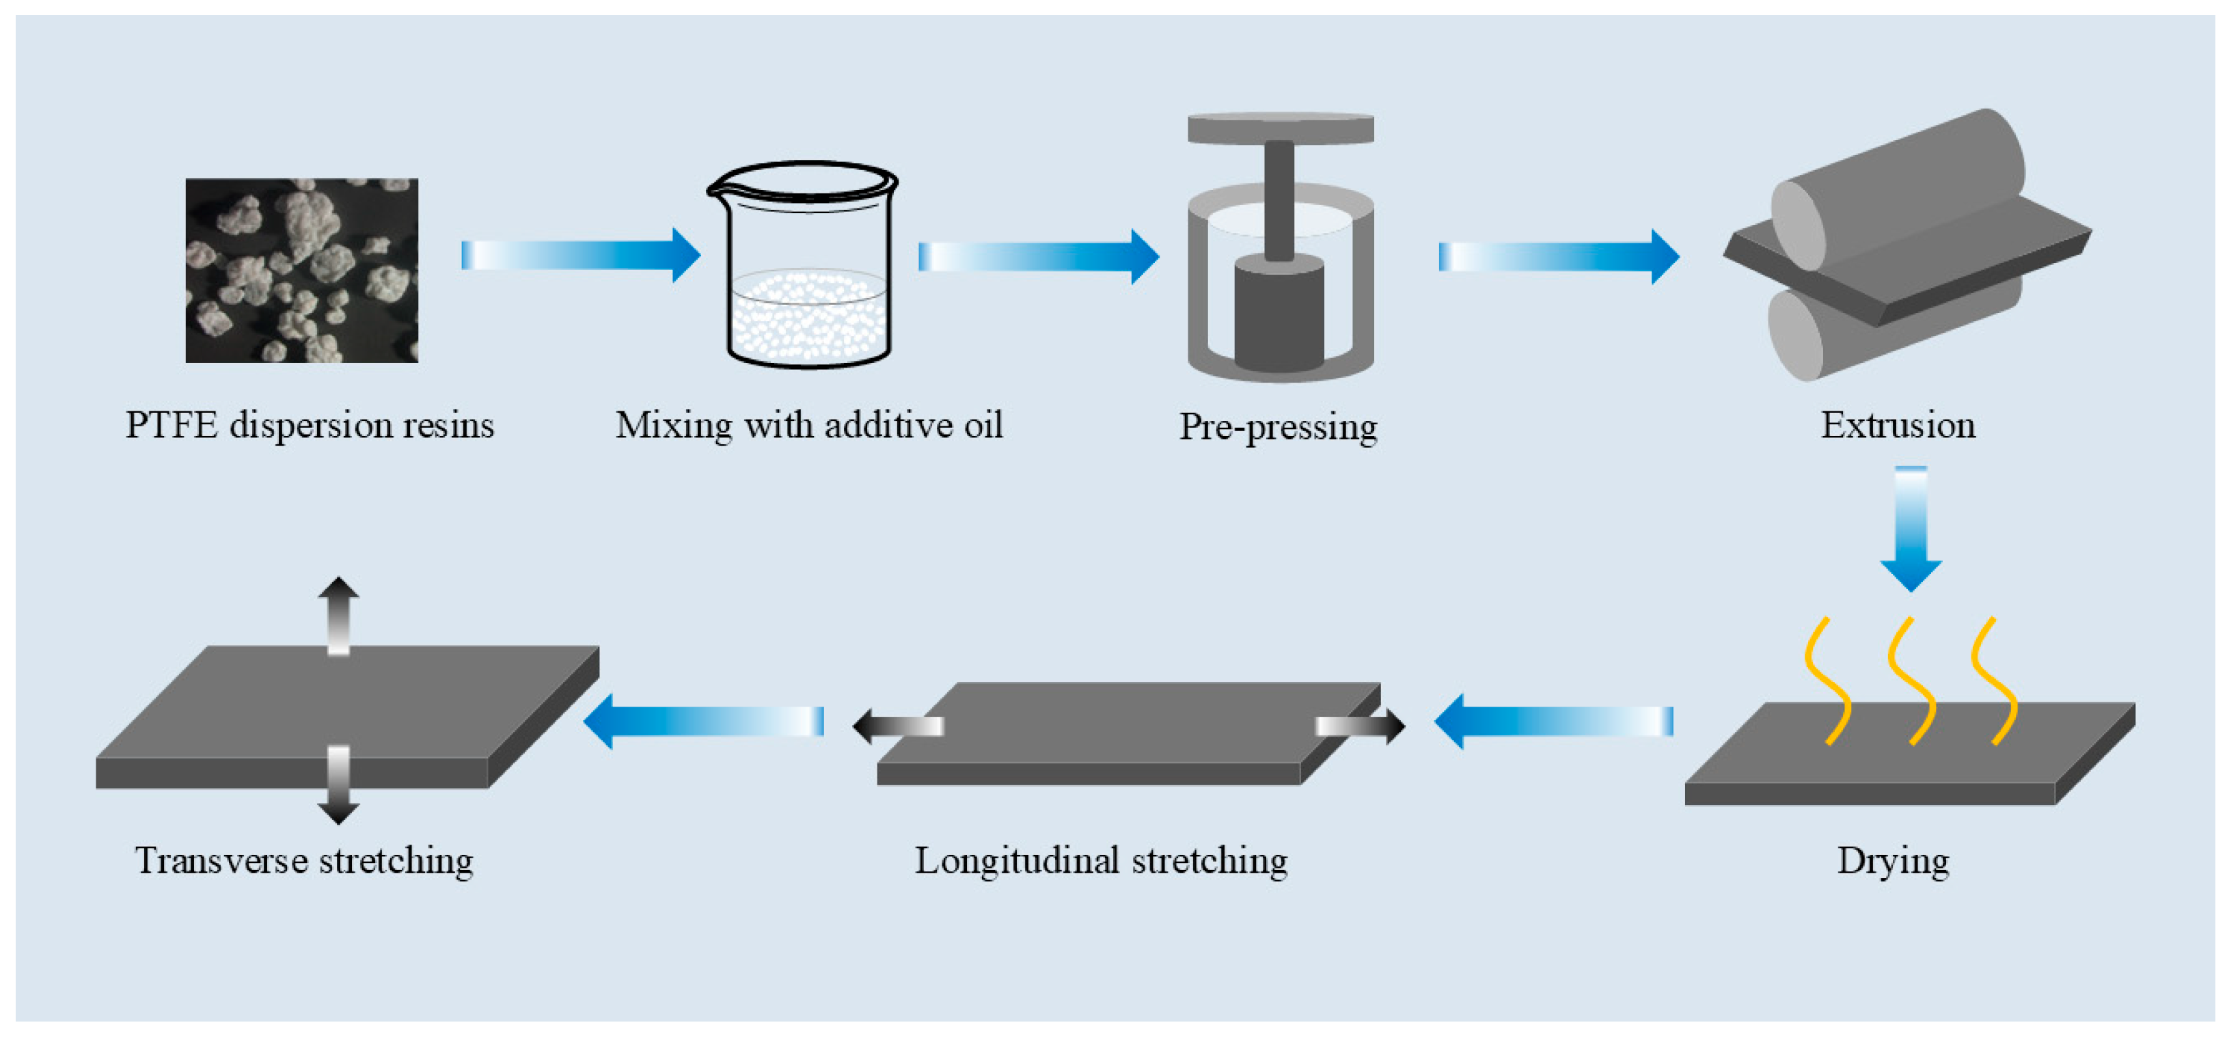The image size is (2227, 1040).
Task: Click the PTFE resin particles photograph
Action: pos(302,270)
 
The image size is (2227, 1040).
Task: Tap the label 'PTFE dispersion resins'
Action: pos(310,425)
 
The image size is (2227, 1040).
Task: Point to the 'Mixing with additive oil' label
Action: pos(808,425)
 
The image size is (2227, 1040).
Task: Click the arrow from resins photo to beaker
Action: pos(579,255)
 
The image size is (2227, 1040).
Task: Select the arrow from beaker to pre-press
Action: pos(1037,257)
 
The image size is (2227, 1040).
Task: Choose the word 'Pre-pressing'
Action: pos(1278,427)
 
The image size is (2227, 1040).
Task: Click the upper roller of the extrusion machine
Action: pos(1902,190)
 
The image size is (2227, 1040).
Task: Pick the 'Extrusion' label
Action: pos(1898,425)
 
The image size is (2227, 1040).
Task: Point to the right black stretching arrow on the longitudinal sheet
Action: pos(1362,726)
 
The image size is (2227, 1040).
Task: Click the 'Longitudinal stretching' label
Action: pos(1101,861)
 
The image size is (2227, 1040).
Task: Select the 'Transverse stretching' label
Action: pos(304,861)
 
